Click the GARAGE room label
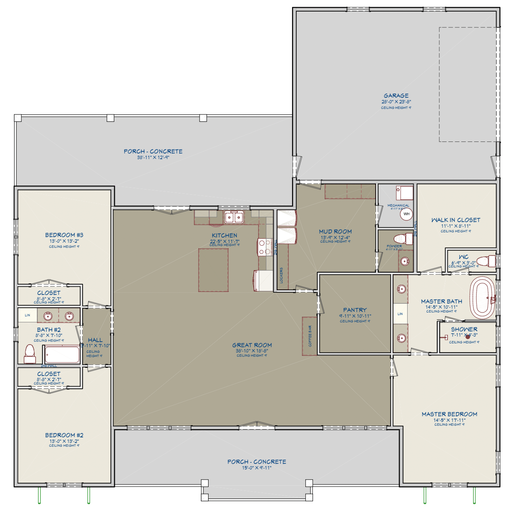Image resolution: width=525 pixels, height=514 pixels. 396,96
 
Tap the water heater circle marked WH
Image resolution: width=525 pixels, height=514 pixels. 406,214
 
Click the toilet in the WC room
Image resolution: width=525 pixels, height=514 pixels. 486,261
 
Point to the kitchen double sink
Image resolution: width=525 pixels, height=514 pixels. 234,218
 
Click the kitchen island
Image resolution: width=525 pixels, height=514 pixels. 213,270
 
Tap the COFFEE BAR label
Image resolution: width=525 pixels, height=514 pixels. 310,336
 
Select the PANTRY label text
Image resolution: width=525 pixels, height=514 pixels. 355,310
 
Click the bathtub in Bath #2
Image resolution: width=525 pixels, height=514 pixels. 62,355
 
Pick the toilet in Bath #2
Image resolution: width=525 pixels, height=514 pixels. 30,353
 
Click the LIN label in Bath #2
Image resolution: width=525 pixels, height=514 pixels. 27,316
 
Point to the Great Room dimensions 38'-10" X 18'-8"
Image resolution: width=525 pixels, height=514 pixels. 252,351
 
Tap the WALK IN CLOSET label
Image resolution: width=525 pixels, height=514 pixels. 456,220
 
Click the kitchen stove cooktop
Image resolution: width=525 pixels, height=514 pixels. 264,247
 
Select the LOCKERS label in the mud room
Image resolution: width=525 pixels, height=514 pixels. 281,275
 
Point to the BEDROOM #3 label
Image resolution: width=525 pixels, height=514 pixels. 64,235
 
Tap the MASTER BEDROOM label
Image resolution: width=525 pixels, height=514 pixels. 449,414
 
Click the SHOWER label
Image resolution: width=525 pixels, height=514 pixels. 464,329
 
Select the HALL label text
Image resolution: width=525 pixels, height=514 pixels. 95,340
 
